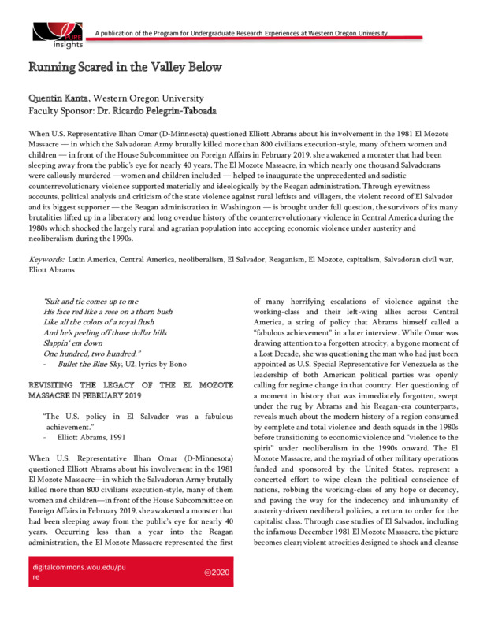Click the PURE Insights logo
coord(57,33)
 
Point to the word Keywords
coord(46,258)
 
